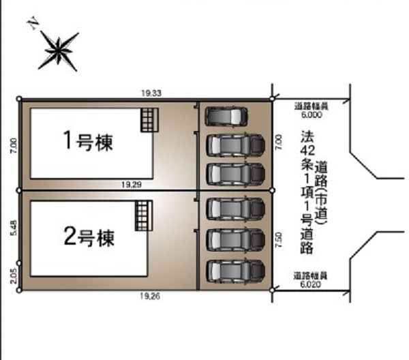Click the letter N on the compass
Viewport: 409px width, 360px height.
(x=33, y=22)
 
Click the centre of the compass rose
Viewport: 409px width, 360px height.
(x=58, y=50)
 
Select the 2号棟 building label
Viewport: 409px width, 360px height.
(x=89, y=237)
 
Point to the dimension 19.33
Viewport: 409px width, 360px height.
(x=151, y=93)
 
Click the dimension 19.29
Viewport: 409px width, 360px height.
(x=132, y=185)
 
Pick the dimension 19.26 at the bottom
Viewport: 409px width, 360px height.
(x=150, y=296)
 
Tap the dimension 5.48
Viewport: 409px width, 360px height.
(x=14, y=228)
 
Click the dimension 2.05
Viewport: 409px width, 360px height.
(x=14, y=276)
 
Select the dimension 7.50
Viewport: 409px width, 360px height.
(x=279, y=240)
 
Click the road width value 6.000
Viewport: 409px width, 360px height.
(x=312, y=115)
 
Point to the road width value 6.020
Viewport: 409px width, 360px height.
(x=310, y=284)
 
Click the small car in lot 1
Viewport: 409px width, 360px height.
(x=226, y=117)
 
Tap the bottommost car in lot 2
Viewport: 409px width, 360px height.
(x=236, y=271)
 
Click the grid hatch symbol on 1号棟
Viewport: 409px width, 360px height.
(x=150, y=120)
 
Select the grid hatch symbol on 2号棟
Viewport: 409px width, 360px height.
(x=144, y=215)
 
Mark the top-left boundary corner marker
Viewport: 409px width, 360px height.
(x=19, y=99)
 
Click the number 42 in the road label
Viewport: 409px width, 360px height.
(x=307, y=150)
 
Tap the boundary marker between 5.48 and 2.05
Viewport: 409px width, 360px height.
(x=19, y=263)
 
